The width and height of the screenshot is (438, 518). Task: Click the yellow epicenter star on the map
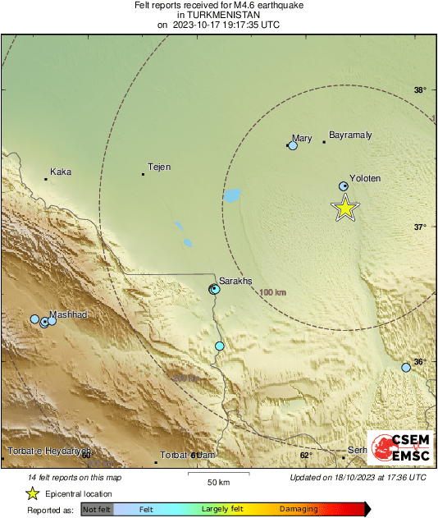coord(345,209)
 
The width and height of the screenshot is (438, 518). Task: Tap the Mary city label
coord(303,138)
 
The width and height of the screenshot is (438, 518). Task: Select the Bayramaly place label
coord(350,135)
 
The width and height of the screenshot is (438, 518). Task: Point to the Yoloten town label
coord(365,178)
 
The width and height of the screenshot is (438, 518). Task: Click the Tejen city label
coord(159,167)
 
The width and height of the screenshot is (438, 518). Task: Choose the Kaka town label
coord(61,172)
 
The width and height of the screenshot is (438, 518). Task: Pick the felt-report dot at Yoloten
coord(344,187)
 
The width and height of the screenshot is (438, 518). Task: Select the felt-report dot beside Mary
coord(293,145)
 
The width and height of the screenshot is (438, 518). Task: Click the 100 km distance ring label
coord(272,292)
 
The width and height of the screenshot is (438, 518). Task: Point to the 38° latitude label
coord(419,90)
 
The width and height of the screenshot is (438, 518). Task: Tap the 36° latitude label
coord(419,362)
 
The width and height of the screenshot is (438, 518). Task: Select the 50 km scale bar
coord(217,475)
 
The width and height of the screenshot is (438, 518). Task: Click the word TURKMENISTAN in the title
coord(219,15)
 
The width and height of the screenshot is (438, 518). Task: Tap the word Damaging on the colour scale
coord(299,510)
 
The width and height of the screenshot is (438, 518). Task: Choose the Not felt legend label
coord(98,510)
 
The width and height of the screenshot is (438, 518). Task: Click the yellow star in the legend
coord(32,493)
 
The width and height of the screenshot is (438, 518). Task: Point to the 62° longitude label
coord(306,455)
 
